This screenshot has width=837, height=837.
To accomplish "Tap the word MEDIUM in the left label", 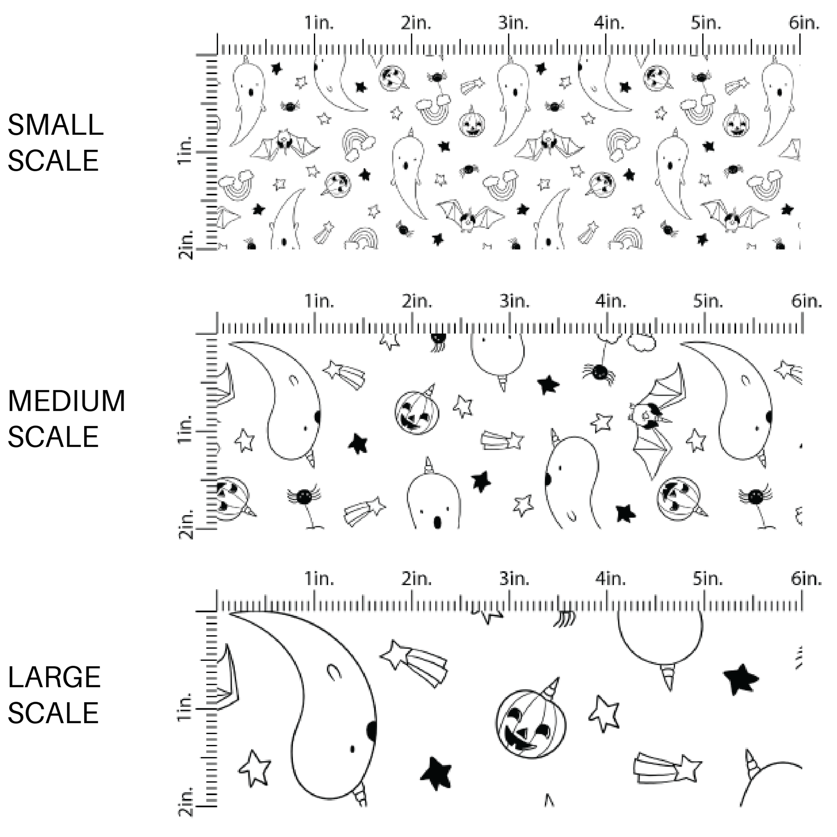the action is [66, 401].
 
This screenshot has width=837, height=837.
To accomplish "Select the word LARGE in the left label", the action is [54, 677].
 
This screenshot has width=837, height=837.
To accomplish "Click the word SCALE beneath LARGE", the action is [53, 712].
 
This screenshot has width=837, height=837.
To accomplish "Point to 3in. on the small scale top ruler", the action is [513, 22].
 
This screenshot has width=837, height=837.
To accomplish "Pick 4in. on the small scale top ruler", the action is [609, 22].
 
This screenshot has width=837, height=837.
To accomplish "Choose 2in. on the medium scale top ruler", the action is [417, 301].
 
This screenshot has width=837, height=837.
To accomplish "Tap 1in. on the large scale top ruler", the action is [319, 578].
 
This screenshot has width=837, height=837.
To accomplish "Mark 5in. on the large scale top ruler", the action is [707, 578].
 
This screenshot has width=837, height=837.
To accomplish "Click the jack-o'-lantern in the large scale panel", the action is [531, 724].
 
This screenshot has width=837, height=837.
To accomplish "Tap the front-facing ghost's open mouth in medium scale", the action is [437, 523].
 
